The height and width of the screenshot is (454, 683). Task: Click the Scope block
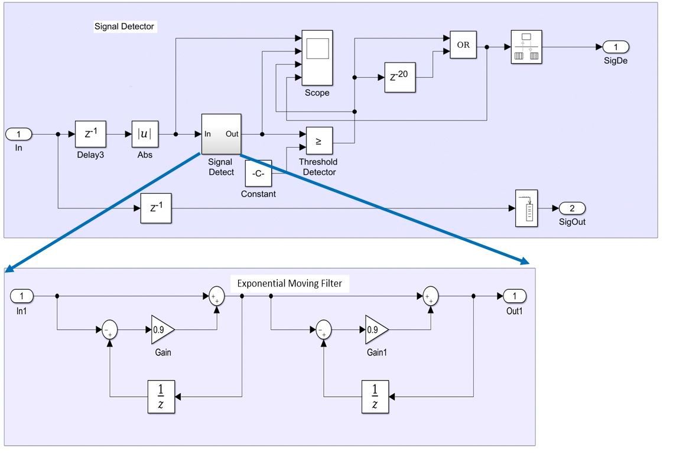pyautogui.click(x=317, y=58)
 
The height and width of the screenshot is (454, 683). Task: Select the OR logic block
pyautogui.click(x=463, y=45)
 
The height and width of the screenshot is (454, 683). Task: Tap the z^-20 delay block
pyautogui.click(x=400, y=77)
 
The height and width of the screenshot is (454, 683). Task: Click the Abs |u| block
pyautogui.click(x=145, y=134)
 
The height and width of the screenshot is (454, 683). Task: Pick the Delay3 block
pyautogui.click(x=90, y=134)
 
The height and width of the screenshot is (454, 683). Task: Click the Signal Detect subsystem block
pyautogui.click(x=221, y=134)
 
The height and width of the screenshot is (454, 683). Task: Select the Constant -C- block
pyautogui.click(x=258, y=174)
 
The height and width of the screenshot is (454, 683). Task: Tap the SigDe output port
pyautogui.click(x=616, y=47)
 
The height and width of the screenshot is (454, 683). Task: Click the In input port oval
pyautogui.click(x=19, y=134)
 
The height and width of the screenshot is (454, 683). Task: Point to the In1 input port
pyautogui.click(x=22, y=296)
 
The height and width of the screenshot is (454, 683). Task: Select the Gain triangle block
pyautogui.click(x=162, y=330)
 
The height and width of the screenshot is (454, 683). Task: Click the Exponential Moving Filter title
pyautogui.click(x=289, y=283)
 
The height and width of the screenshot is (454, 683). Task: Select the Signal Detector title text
pyautogui.click(x=124, y=27)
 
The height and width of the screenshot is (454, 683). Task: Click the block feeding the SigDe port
pyautogui.click(x=526, y=47)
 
